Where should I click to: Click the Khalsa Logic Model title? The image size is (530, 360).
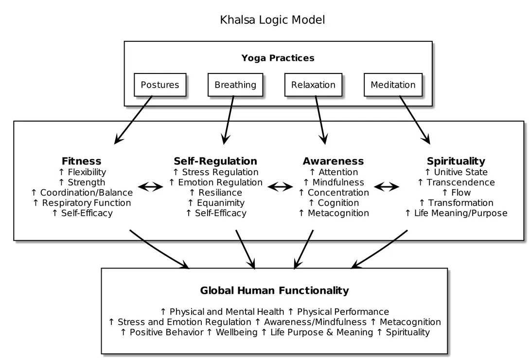pyautogui.click(x=272, y=20)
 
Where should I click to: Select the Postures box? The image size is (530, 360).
pyautogui.click(x=160, y=85)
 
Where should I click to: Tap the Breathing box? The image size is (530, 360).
pyautogui.click(x=235, y=85)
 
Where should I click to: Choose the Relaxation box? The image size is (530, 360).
pyautogui.click(x=313, y=85)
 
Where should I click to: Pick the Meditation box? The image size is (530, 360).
pyautogui.click(x=393, y=85)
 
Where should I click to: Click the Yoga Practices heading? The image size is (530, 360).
pyautogui.click(x=278, y=58)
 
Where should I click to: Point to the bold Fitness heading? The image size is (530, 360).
pyautogui.click(x=82, y=161)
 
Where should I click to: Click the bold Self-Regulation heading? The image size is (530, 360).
pyautogui.click(x=215, y=161)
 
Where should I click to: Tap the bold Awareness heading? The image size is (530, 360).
pyautogui.click(x=333, y=161)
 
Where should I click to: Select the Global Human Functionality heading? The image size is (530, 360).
pyautogui.click(x=274, y=291)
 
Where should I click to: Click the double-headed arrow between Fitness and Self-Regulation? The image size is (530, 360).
pyautogui.click(x=151, y=187)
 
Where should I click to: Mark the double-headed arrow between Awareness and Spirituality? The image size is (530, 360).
pyautogui.click(x=387, y=187)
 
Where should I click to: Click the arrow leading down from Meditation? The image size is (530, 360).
pyautogui.click(x=415, y=120)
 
